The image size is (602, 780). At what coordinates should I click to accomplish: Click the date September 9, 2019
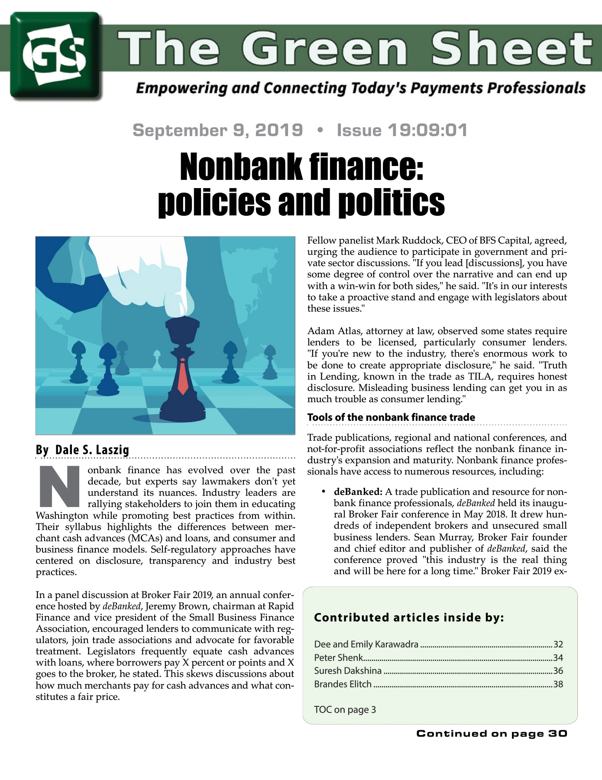coord(217,130)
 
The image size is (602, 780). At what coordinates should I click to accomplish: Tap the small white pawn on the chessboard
coord(157,361)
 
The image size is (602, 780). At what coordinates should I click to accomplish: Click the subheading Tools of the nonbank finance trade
coord(391,417)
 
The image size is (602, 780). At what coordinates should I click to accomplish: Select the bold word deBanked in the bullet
coord(358,492)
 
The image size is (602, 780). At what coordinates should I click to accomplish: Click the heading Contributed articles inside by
coord(409,617)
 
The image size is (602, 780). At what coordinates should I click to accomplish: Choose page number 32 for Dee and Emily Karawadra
coord(558,644)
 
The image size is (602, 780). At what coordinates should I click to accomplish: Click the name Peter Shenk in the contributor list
coord(338,657)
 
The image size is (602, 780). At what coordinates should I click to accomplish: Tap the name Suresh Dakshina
coord(348,671)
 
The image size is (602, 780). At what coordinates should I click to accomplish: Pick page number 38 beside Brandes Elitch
coord(558,684)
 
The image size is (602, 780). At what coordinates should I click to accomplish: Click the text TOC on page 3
coord(345,709)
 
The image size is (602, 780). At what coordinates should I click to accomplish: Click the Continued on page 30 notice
coord(492,734)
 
